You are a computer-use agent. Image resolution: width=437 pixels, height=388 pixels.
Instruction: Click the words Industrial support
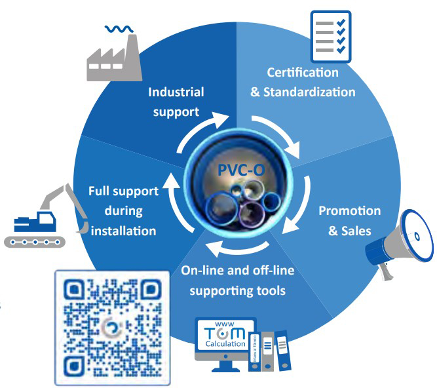[176, 102]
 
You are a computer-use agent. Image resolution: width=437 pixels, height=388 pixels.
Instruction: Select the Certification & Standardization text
[303, 82]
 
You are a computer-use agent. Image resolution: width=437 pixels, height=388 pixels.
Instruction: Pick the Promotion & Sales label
[349, 221]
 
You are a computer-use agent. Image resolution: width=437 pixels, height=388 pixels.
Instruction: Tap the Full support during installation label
[123, 211]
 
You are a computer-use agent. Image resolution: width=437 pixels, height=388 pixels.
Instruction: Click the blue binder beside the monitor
[282, 351]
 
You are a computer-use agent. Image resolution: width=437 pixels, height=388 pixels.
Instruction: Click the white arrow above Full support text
[172, 180]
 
